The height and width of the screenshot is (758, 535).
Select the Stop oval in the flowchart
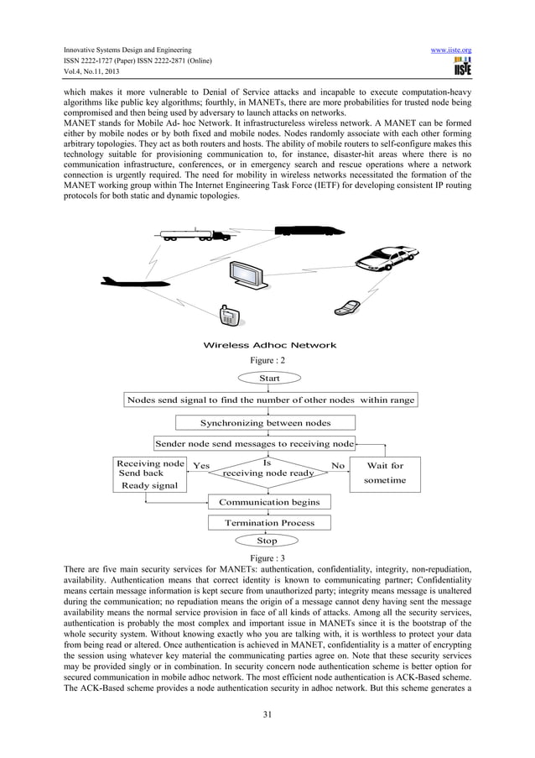pos(267,541)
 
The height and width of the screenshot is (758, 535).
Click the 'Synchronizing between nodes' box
pos(266,422)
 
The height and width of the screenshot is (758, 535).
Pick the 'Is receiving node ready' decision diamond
pos(267,468)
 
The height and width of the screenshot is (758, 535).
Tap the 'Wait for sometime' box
pos(386,473)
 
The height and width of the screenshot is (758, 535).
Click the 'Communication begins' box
pos(268,502)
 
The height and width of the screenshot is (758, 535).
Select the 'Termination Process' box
pos(269,522)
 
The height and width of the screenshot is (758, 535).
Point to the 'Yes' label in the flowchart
pos(201,465)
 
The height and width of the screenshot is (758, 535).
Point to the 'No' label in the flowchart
pos(338,464)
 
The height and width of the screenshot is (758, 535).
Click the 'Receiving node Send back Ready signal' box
pos(150,474)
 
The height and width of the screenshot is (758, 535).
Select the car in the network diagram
pos(384,256)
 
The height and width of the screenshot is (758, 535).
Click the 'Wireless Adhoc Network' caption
pos(269,345)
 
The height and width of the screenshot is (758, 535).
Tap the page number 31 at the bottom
pos(267,714)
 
